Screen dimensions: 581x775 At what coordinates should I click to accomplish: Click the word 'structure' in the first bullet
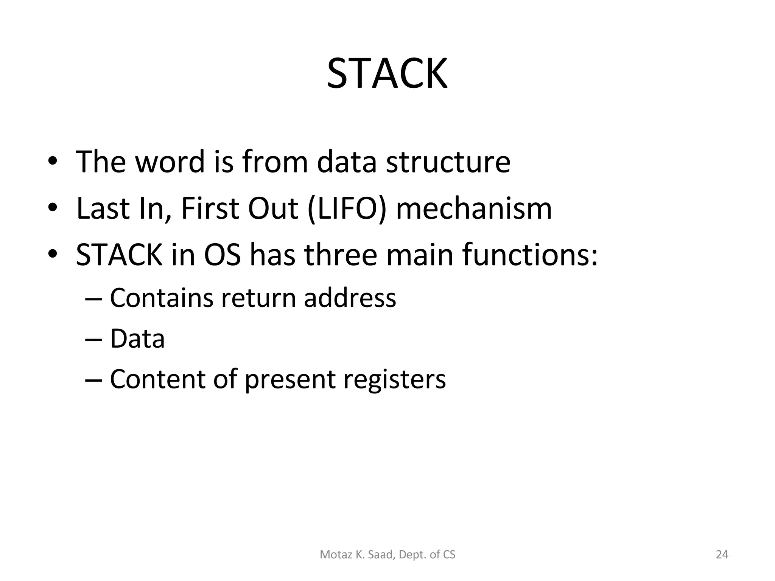448,162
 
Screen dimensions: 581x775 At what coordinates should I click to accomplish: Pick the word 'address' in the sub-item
350,298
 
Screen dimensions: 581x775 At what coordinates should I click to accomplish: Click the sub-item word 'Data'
137,339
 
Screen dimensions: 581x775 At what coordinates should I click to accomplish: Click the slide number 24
722,555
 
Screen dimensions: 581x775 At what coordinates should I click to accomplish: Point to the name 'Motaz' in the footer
332,555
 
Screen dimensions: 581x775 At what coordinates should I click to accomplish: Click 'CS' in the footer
449,555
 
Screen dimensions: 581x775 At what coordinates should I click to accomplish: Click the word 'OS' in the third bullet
222,255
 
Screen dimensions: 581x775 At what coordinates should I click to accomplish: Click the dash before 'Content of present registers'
93,379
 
